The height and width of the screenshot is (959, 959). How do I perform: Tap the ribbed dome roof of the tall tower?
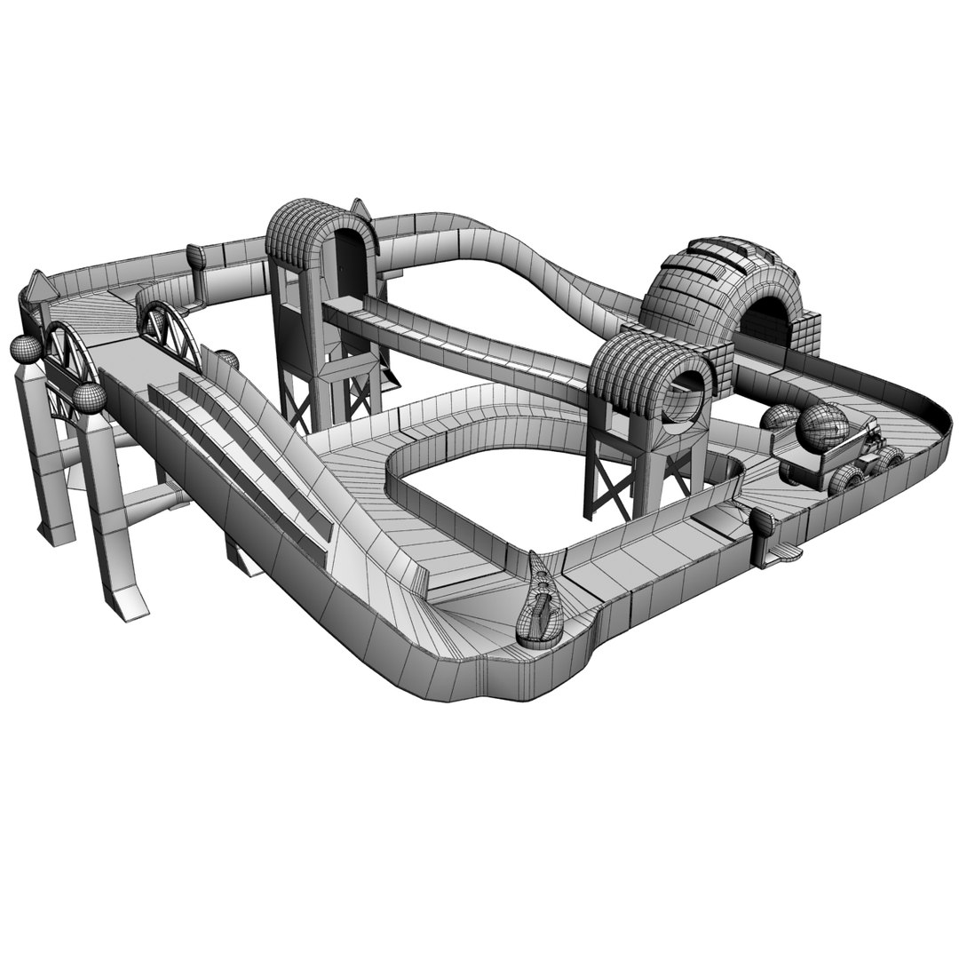(x=311, y=226)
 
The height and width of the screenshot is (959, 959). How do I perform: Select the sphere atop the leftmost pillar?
(x=25, y=348)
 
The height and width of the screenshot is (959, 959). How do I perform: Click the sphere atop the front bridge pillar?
(x=90, y=398)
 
